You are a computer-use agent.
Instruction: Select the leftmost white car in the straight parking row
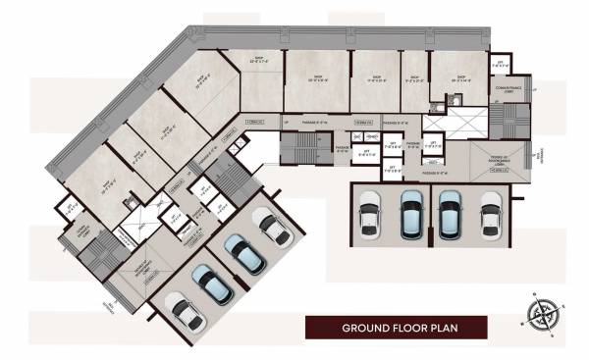[372, 212]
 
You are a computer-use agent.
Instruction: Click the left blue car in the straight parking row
[411, 212]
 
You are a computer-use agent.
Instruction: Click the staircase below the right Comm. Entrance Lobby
[509, 121]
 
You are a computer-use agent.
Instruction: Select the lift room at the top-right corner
[500, 63]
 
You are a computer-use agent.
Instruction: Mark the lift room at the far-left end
[69, 209]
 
